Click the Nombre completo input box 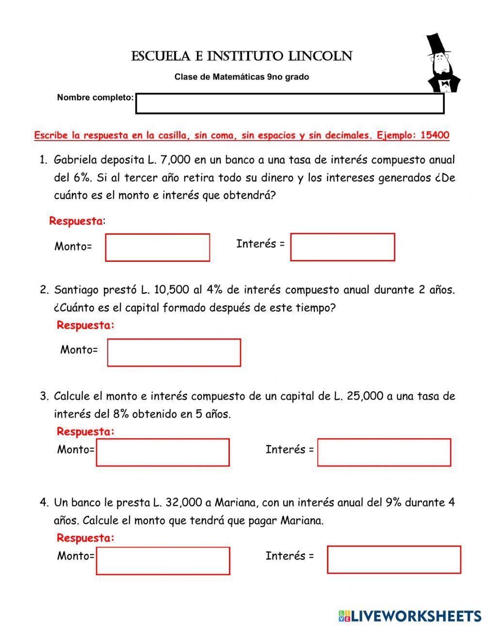(290, 104)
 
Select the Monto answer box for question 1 (158, 247)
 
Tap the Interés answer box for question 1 (342, 247)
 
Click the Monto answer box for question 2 (174, 352)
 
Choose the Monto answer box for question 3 (162, 452)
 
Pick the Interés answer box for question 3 (384, 452)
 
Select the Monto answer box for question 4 (163, 561)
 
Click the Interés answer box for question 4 (394, 559)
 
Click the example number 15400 (435, 135)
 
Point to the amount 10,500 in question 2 (171, 290)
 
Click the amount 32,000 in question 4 (183, 502)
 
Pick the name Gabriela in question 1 (75, 160)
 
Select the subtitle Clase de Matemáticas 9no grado (242, 77)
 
